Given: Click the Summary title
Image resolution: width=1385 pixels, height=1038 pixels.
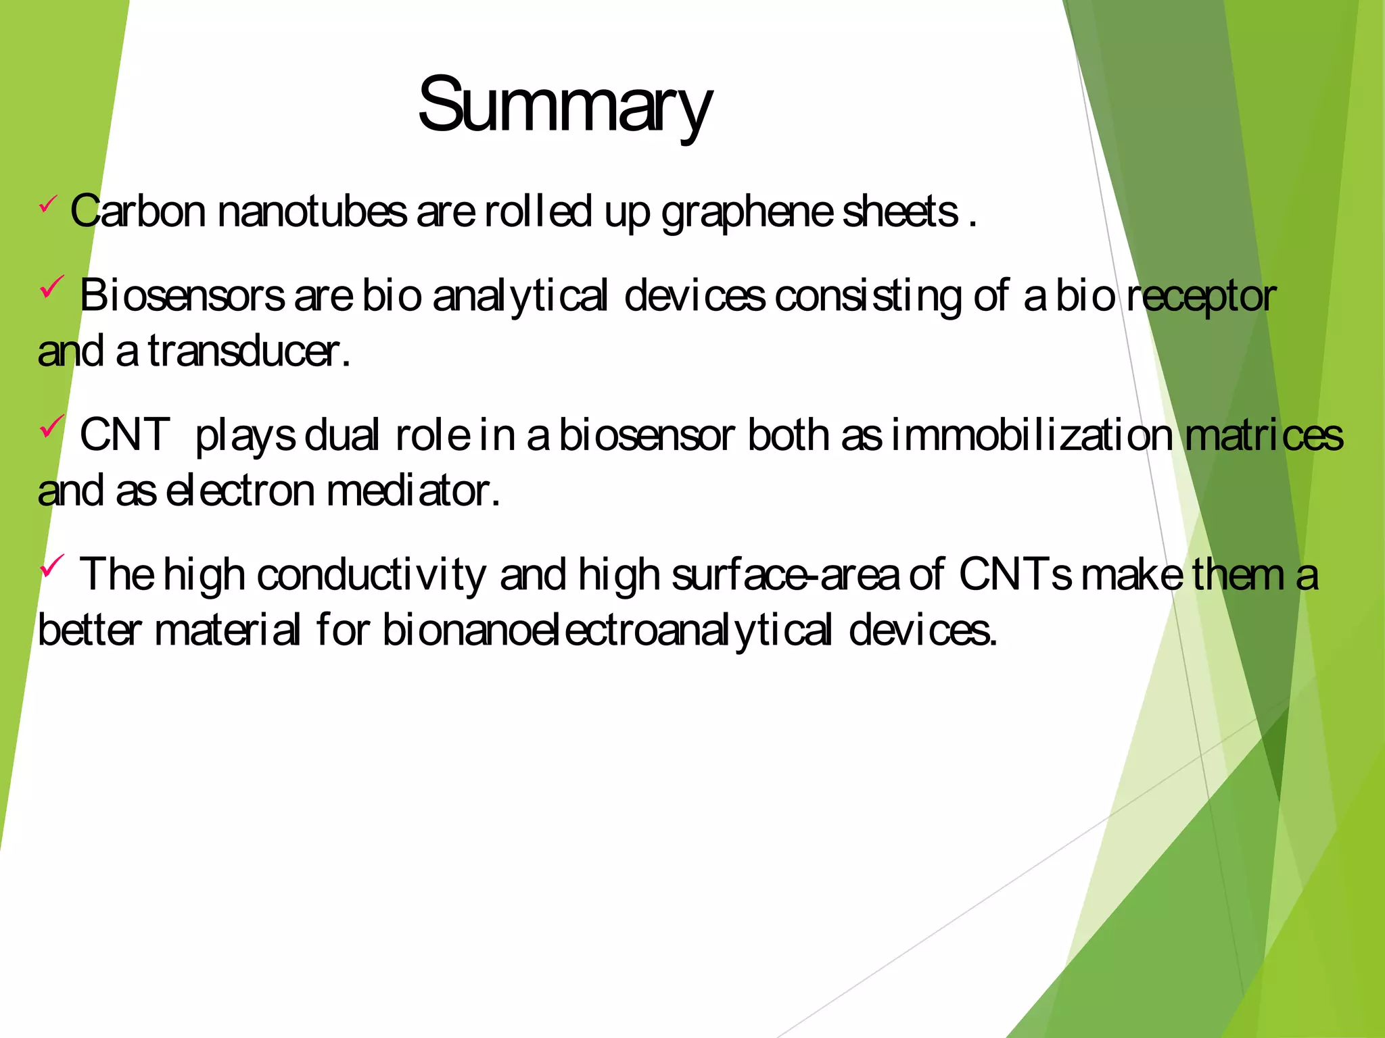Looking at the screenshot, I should pyautogui.click(x=565, y=107).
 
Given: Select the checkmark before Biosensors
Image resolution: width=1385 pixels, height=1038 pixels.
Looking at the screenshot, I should pyautogui.click(x=51, y=287).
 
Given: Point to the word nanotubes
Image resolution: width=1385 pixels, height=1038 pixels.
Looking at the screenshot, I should pyautogui.click(x=312, y=212).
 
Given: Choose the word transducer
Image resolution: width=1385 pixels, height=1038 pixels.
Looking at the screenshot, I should pyautogui.click(x=244, y=351).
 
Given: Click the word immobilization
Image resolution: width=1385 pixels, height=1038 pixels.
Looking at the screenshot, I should pyautogui.click(x=1031, y=435).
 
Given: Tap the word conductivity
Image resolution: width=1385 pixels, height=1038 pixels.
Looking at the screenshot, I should pyautogui.click(x=371, y=576).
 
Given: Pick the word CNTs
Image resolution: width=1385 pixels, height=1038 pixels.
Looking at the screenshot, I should pyautogui.click(x=1015, y=574).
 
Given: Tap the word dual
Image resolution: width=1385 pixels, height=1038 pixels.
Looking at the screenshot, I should pyautogui.click(x=342, y=435).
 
